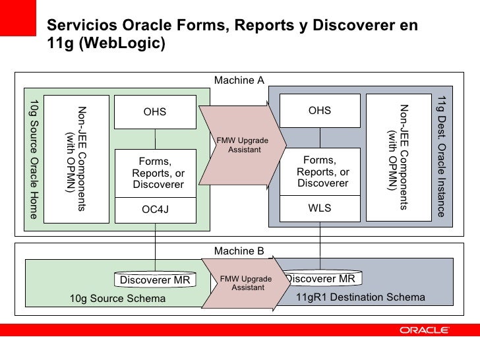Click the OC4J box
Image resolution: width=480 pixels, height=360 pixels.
pos(156,210)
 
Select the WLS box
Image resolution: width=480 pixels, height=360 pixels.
pos(320,208)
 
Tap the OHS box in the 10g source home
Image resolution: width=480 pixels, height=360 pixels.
pos(155,112)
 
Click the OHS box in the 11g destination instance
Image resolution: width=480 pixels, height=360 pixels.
pos(320,111)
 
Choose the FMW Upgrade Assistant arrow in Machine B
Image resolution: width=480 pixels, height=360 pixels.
pos(241,283)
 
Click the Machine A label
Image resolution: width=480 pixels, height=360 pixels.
pos(239,80)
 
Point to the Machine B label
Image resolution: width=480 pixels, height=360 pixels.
pos(239,251)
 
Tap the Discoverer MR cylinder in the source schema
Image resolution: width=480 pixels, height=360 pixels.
pos(155,280)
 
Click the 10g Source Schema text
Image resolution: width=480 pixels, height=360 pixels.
pos(117,299)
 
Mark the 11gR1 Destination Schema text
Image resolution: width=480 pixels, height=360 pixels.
pos(360,297)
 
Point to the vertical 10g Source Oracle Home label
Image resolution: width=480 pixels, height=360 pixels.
pos(34,158)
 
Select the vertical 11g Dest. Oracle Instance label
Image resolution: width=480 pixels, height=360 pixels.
pos(441,157)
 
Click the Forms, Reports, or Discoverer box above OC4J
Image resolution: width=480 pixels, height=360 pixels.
pos(155,173)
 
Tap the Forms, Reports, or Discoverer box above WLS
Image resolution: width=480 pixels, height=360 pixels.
pos(320,171)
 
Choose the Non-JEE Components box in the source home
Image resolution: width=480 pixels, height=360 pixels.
pos(76,158)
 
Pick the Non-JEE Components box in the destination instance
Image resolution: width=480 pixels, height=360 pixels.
pos(398,157)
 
